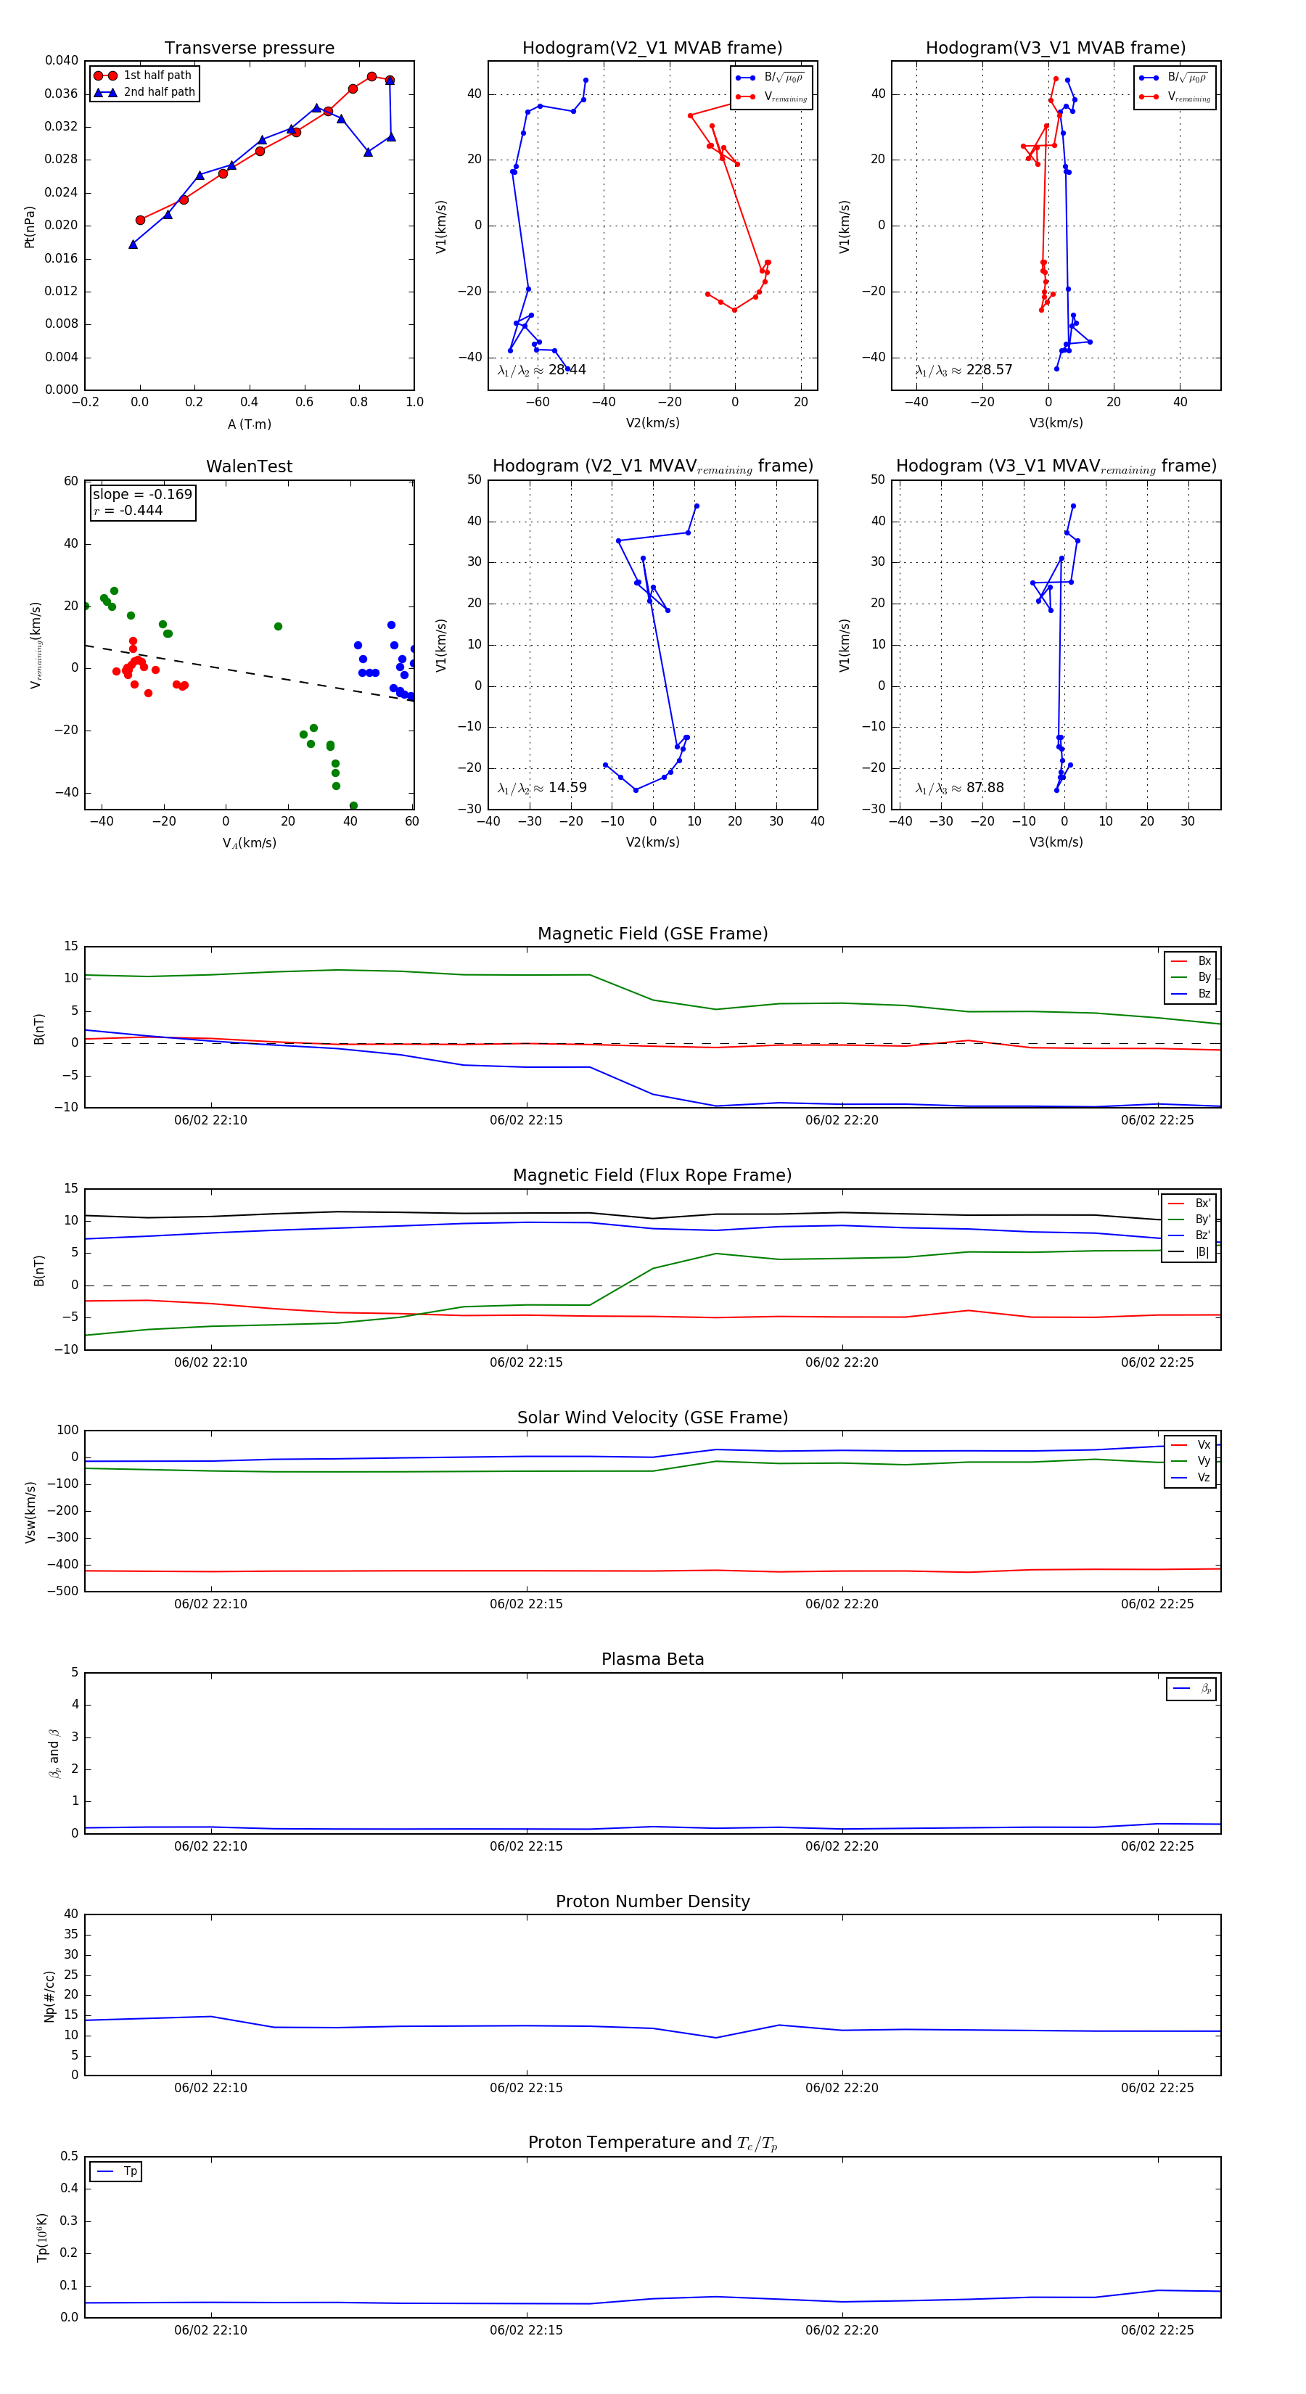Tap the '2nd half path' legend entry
tap(159, 92)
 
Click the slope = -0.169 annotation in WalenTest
tap(142, 495)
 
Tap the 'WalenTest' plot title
tap(249, 466)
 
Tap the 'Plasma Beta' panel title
tap(652, 1659)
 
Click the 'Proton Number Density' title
tap(652, 1901)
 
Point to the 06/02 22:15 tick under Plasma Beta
tap(526, 1846)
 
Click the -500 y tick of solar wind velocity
tap(63, 1591)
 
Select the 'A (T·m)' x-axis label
tap(249, 424)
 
